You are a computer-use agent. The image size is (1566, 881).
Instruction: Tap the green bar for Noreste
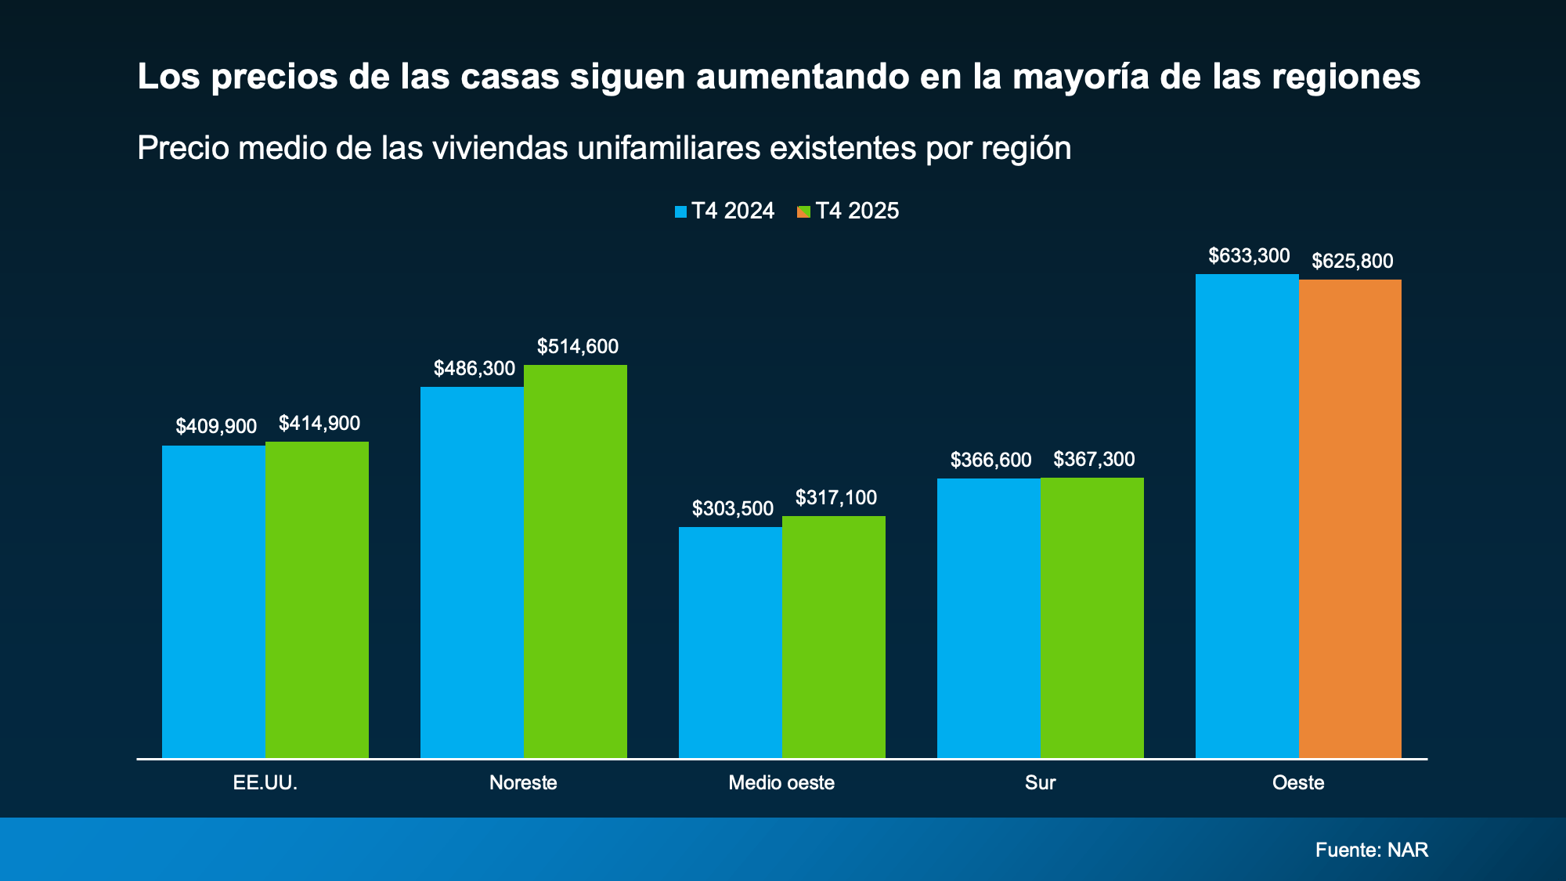575,561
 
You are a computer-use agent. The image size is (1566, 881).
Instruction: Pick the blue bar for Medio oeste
730,642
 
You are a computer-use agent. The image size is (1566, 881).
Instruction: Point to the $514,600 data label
577,346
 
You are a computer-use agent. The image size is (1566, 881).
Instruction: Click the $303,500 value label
732,508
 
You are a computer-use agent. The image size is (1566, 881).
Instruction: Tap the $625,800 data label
1352,261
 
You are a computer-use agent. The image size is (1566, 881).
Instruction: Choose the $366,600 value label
990,460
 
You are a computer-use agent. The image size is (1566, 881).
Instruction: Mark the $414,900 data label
319,423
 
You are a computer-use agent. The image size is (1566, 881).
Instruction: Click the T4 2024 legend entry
724,211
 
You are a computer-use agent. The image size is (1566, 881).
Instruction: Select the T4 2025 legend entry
848,211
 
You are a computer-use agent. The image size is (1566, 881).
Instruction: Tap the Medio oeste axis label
781,782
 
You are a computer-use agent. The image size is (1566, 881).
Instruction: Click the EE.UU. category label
265,782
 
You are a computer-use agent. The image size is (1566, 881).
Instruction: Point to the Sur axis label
1040,782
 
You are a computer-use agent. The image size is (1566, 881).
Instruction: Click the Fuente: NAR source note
1371,850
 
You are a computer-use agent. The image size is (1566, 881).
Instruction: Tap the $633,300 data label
1249,255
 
